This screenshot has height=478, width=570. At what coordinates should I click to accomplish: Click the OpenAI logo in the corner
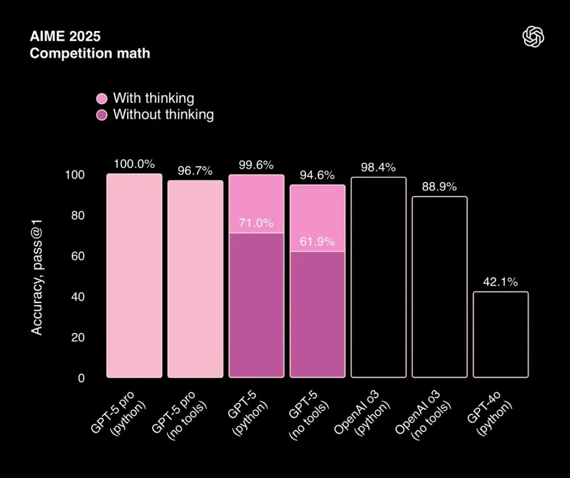tap(533, 37)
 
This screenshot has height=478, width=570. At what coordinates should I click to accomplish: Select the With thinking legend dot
tap(102, 99)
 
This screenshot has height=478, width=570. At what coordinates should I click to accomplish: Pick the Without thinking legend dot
tap(102, 114)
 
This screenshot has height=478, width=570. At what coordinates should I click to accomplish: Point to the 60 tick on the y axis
tap(78, 256)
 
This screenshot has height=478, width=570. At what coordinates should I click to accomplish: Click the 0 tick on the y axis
tap(81, 378)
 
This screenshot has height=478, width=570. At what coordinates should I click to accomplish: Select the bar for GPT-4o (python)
tap(500, 334)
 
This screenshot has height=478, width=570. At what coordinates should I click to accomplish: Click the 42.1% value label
tap(500, 282)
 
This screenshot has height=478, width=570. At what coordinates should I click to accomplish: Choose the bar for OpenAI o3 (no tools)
tap(439, 287)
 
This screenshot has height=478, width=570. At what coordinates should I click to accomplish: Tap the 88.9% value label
tap(439, 187)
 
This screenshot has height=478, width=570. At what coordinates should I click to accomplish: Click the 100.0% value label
tap(134, 164)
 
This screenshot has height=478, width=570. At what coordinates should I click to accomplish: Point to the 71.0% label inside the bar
tap(256, 223)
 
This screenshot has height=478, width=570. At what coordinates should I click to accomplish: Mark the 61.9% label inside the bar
tap(317, 242)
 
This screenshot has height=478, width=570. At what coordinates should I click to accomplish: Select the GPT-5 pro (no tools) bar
tap(195, 279)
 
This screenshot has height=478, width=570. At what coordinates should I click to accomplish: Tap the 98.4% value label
tap(378, 168)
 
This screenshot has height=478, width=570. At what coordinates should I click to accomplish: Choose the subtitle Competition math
tap(90, 53)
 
